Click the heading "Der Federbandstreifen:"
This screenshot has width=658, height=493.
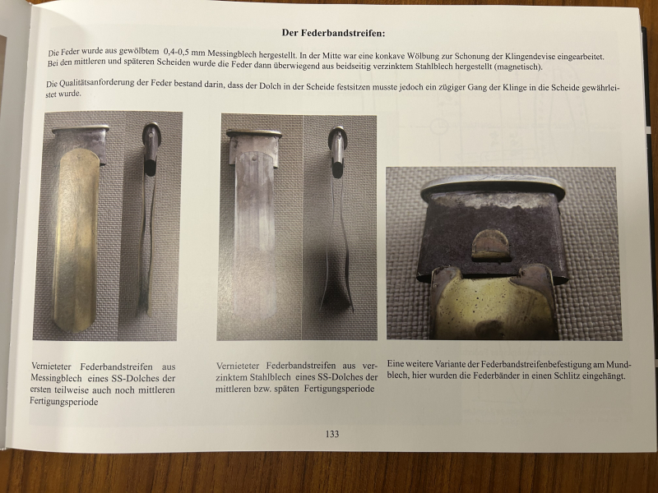coord(333,33)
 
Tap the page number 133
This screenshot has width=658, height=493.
coord(332,434)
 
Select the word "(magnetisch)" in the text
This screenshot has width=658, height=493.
coord(518,67)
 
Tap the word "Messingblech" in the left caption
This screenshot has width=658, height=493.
coord(56,378)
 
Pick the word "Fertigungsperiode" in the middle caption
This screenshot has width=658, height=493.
coord(339,389)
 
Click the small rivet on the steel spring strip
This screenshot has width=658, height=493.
coord(255,159)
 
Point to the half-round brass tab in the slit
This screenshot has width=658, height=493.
coord(490,244)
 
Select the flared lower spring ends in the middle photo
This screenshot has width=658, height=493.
coord(337,293)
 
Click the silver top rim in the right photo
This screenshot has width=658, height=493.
coord(492,186)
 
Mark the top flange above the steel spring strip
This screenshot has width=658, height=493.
coord(254,133)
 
